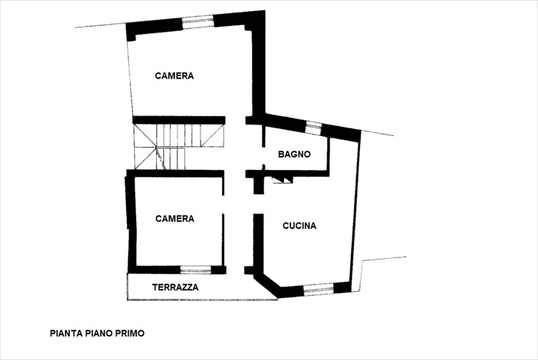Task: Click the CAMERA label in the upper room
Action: (x=174, y=76)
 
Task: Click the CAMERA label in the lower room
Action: (x=175, y=219)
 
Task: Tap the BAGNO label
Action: (x=294, y=155)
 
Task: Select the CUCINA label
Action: (x=299, y=226)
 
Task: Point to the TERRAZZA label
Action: (x=176, y=287)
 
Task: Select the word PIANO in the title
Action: (x=99, y=333)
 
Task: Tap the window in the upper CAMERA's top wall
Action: (x=198, y=22)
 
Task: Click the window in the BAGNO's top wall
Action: (x=313, y=128)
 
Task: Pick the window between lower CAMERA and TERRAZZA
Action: (x=196, y=270)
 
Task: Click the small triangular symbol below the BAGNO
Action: (x=282, y=180)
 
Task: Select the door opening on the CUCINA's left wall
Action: (x=258, y=204)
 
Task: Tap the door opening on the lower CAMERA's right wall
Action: (x=223, y=205)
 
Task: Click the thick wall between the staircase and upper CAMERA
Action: (x=179, y=120)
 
